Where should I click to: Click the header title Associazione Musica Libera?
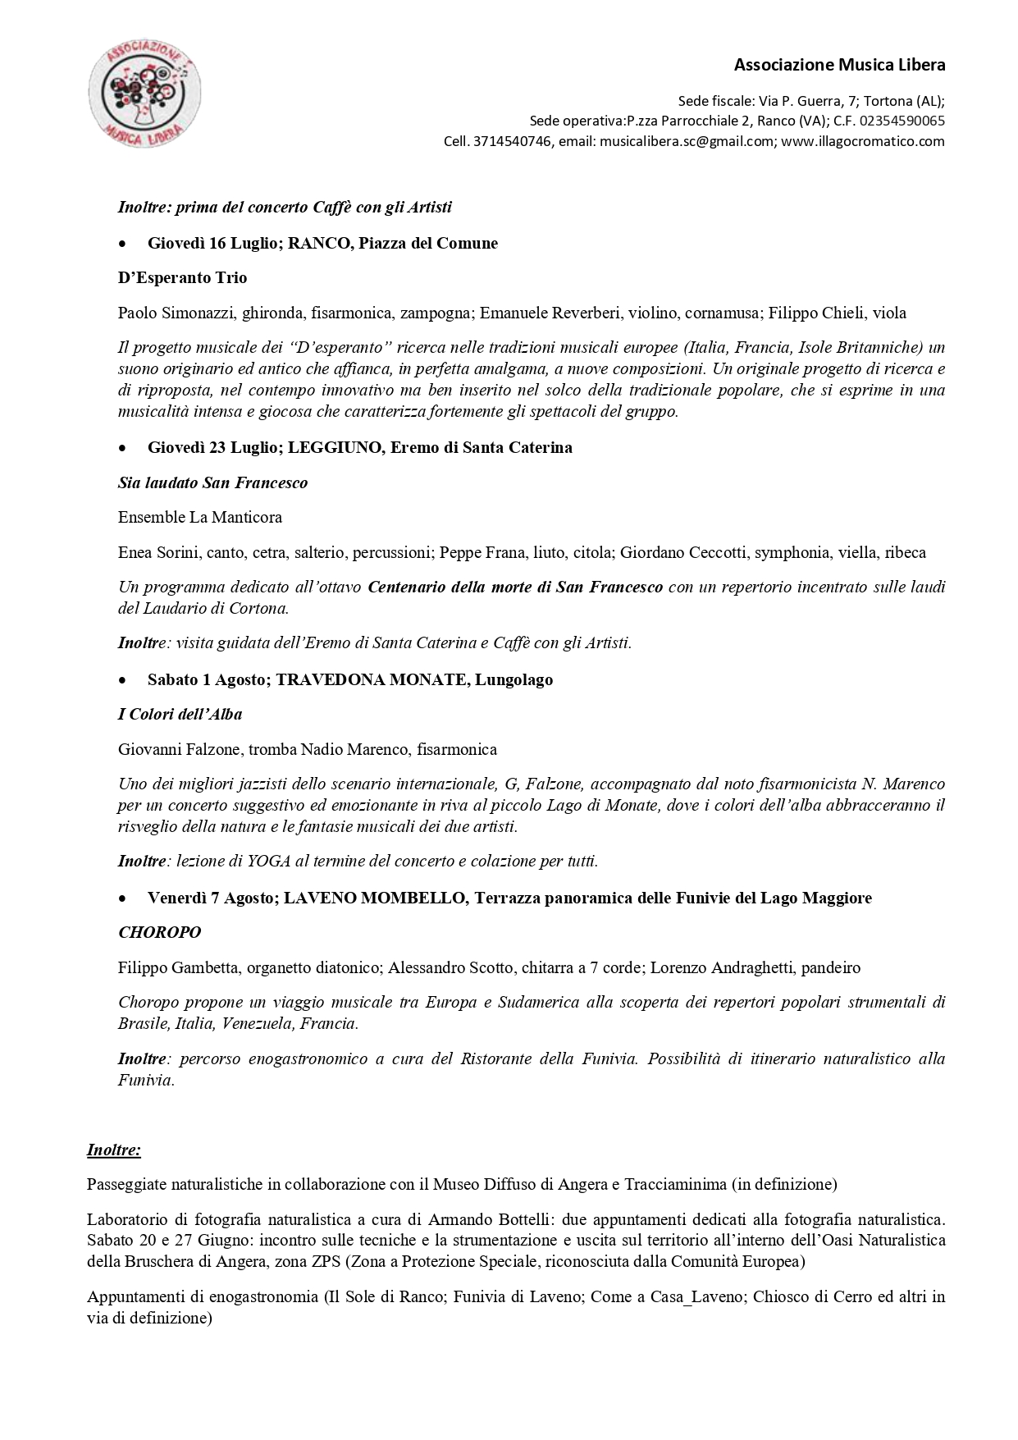(838, 65)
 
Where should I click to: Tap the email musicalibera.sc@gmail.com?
(687, 141)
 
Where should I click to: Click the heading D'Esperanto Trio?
(182, 277)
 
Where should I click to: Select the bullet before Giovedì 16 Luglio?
(122, 244)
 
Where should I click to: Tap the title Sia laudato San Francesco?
(212, 482)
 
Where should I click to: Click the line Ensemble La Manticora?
(199, 517)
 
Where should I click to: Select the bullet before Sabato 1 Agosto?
(122, 680)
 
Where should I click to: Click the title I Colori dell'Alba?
(180, 714)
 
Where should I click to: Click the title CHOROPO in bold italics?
(159, 932)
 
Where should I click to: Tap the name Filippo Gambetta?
(179, 967)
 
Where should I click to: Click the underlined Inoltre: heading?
(113, 1150)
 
